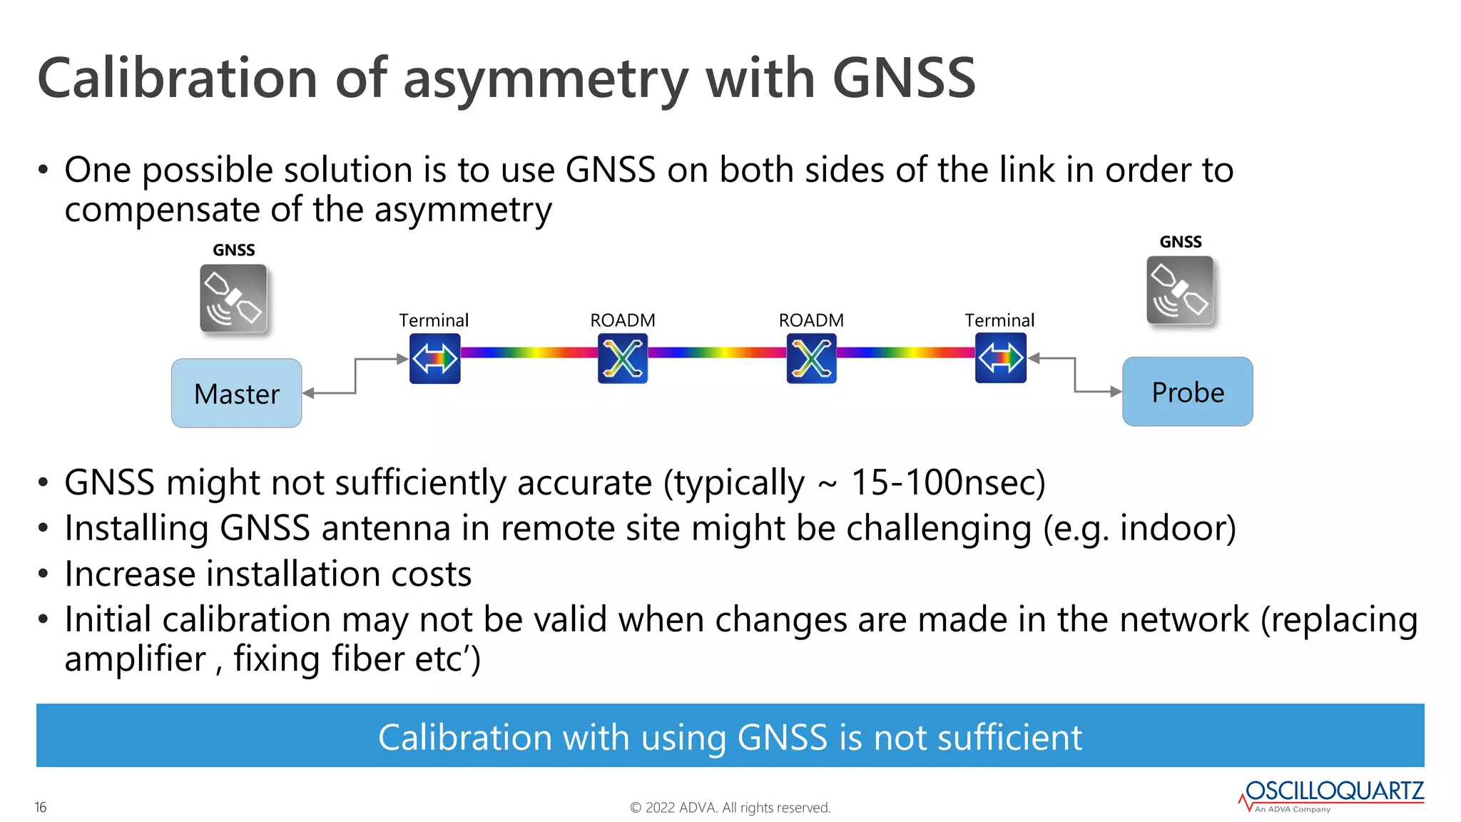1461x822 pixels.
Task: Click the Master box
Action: tap(236, 393)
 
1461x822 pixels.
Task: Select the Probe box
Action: tap(1187, 392)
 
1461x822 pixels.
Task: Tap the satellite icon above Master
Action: tap(233, 298)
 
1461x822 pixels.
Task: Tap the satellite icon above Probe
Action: tap(1180, 290)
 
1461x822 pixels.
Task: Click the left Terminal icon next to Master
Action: tap(434, 358)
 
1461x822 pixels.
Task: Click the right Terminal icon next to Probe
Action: tap(1000, 358)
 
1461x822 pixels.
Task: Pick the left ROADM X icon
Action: tap(623, 358)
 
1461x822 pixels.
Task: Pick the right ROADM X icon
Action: tap(811, 358)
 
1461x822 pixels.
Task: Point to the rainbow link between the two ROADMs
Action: tap(717, 352)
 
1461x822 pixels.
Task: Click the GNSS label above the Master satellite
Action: tap(233, 250)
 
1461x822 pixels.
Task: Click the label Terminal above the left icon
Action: tap(434, 320)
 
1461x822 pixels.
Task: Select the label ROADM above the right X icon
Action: tap(811, 320)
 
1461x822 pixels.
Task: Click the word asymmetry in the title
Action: tap(546, 78)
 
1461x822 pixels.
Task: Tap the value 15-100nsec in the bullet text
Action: tap(947, 482)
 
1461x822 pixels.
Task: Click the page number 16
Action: tap(41, 807)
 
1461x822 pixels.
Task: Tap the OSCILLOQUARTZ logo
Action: tap(1333, 793)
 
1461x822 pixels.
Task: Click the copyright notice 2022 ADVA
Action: tap(730, 808)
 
